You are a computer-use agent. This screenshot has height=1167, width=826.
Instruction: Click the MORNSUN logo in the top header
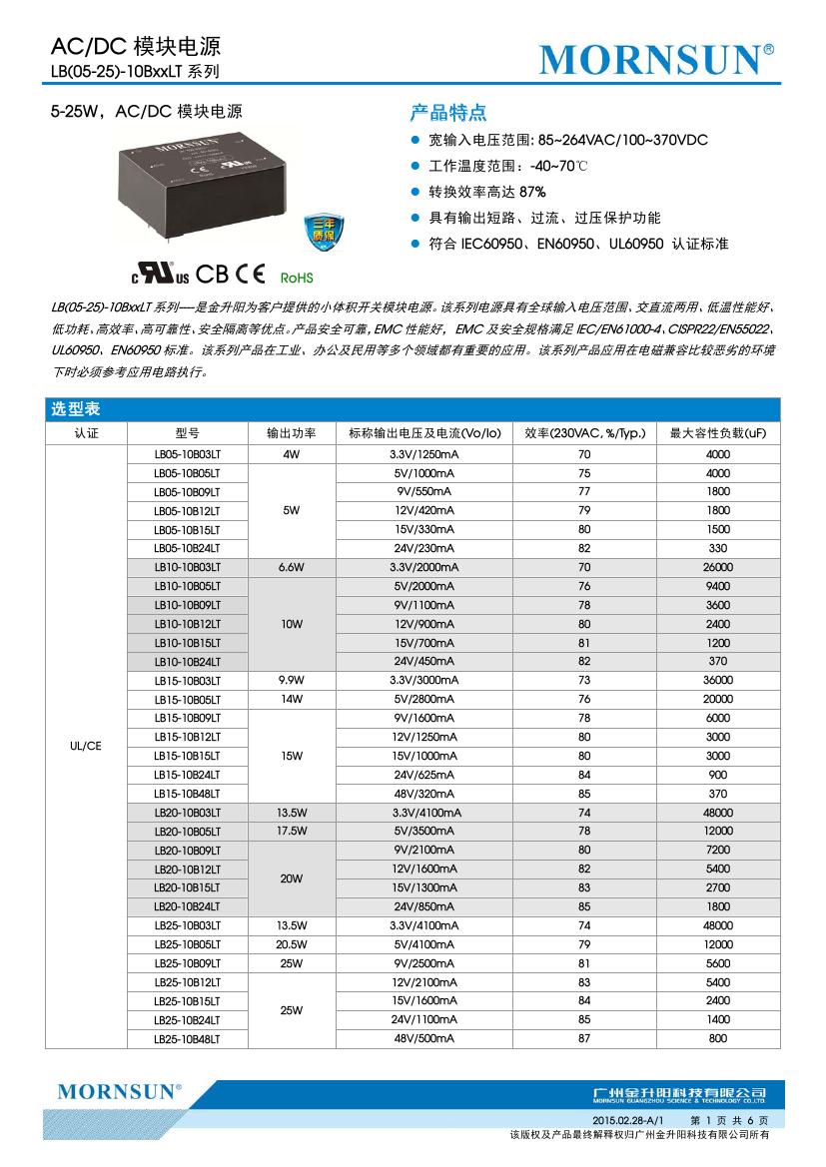[656, 59]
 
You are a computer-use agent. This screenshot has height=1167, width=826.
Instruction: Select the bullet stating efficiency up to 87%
[487, 192]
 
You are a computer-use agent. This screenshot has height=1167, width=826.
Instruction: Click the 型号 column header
[187, 433]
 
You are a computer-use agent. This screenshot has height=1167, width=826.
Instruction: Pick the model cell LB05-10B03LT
[187, 454]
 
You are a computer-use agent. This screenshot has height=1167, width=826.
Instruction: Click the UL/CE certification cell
[86, 745]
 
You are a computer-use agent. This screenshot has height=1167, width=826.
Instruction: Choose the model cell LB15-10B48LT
[187, 794]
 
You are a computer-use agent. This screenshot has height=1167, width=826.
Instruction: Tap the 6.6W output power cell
[292, 567]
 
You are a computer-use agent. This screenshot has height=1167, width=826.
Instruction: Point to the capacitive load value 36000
[718, 680]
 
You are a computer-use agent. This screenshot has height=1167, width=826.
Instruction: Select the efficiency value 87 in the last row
[584, 1039]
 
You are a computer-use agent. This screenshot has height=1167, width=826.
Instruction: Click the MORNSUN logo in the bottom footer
[119, 1091]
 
